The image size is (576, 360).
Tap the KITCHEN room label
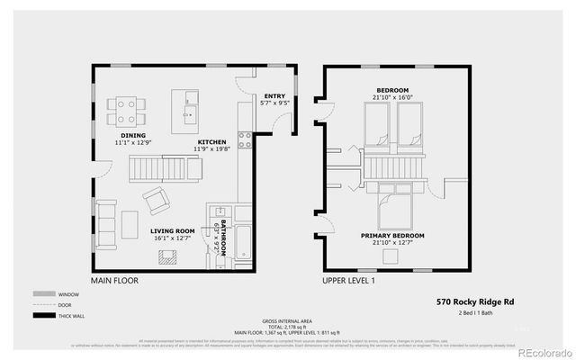(212, 142)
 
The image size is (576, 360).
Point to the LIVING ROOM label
(173, 231)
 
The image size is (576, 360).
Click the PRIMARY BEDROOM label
(392, 236)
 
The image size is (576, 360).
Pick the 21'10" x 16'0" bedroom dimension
(392, 97)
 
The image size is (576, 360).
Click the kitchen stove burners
(243, 139)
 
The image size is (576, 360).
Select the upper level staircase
(392, 166)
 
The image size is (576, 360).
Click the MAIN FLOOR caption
(114, 281)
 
